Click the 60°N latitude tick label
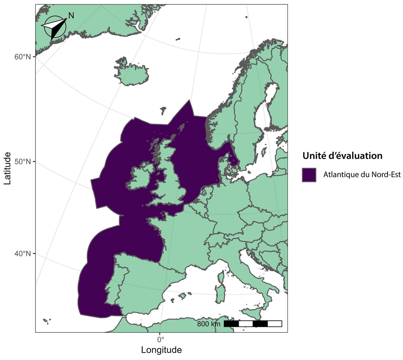tap(23, 57)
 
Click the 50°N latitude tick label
tap(23, 162)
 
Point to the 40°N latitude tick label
tap(23, 254)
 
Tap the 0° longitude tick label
tap(160, 339)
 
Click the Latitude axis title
tap(8, 169)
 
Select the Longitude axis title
tap(161, 350)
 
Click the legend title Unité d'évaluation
tap(342, 156)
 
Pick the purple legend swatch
tap(309, 174)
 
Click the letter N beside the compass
tap(71, 16)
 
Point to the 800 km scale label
tap(209, 324)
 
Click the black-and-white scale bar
tap(253, 324)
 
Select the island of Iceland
tap(132, 73)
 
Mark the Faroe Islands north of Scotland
tap(163, 110)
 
